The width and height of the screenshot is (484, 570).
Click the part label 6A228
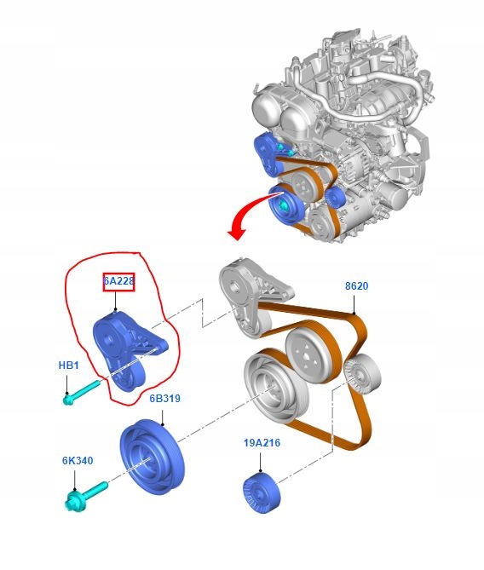(119, 281)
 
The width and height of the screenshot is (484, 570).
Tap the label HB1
(68, 365)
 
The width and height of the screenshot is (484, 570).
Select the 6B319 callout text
(164, 399)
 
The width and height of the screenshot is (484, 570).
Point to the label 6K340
(78, 461)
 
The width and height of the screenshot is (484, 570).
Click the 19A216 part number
(262, 443)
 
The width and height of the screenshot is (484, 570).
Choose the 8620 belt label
(356, 286)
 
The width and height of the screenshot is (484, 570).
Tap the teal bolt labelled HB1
(81, 392)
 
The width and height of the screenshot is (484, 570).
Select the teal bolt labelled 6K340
(86, 496)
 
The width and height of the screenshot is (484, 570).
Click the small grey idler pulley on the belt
(362, 375)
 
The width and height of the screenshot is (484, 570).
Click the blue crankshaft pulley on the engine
(285, 205)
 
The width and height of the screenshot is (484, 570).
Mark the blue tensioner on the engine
(269, 154)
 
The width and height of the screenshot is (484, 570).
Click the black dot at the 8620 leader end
(354, 313)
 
